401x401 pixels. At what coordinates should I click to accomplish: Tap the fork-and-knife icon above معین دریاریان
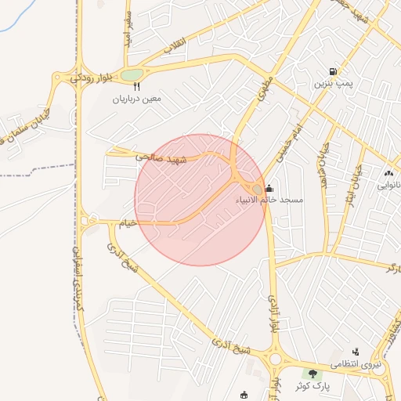coord(136,87)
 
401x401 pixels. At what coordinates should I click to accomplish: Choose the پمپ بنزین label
coord(334,83)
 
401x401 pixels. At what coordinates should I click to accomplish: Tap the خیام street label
coord(127,222)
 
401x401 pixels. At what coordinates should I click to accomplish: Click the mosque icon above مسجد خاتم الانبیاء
coord(269,188)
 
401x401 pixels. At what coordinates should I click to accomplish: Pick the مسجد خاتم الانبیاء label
coord(269,200)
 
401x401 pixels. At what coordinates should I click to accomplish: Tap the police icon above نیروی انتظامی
coord(356,352)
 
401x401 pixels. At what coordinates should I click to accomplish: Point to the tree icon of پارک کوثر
coord(313,374)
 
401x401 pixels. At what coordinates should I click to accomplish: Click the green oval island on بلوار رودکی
coord(132,75)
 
